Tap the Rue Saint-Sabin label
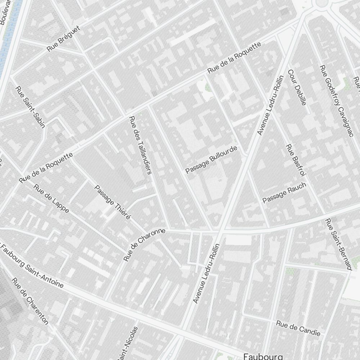30,107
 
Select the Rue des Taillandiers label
140,145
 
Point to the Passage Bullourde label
212,159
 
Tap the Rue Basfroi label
296,160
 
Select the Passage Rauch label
284,193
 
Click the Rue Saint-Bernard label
338,244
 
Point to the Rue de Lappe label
51,198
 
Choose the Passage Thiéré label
112,202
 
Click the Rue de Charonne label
144,244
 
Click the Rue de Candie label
298,328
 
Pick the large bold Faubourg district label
263,356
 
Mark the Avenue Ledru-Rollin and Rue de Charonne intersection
219,231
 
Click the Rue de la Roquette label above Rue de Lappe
46,167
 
